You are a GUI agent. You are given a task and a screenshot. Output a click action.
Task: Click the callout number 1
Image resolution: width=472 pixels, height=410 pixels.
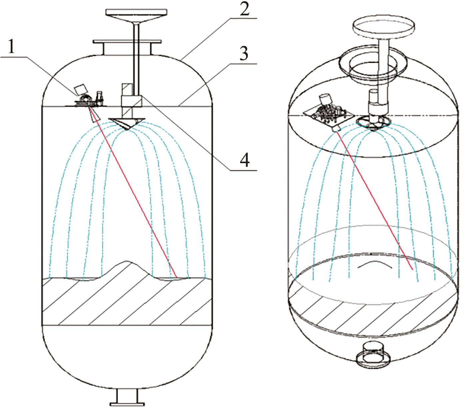(x=12, y=46)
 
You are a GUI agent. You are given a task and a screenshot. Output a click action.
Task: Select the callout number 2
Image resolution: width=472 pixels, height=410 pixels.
(x=244, y=10)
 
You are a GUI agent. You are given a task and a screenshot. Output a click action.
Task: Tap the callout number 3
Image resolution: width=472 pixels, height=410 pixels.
(x=244, y=53)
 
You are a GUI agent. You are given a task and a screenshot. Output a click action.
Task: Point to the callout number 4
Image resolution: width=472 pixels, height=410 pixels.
(x=244, y=160)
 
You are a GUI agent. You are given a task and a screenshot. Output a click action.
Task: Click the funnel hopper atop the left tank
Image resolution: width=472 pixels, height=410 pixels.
(x=136, y=15)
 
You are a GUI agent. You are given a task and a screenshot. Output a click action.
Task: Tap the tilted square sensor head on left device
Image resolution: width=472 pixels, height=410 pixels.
(x=80, y=90)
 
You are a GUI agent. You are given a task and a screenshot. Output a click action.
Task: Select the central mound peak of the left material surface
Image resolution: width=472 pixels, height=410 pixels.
(x=127, y=261)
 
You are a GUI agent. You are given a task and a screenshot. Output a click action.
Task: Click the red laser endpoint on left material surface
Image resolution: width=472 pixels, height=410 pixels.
(x=176, y=277)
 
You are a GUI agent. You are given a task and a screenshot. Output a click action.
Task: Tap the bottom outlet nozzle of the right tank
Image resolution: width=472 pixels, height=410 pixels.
(x=373, y=356)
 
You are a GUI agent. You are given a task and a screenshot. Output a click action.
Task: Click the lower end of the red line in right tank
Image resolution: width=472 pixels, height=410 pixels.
(x=412, y=269)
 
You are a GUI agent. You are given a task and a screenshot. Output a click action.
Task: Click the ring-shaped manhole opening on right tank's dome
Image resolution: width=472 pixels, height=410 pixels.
(x=373, y=64)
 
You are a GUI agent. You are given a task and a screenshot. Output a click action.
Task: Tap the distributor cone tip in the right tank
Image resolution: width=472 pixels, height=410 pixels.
(x=373, y=131)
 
